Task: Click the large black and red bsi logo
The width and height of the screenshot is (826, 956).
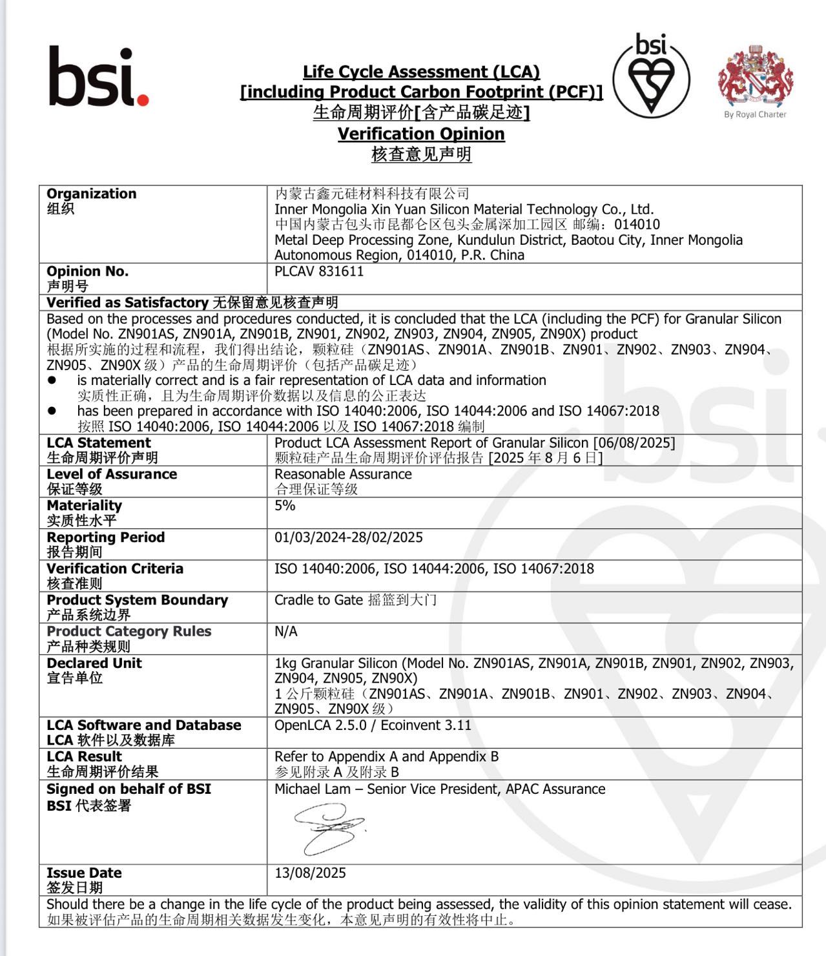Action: [x=98, y=76]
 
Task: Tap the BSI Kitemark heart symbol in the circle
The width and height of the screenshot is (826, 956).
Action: [x=651, y=81]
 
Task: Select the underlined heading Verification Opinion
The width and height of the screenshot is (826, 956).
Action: [x=421, y=134]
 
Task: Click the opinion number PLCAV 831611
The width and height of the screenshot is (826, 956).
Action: [x=319, y=271]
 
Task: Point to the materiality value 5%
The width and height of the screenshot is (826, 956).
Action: [x=285, y=505]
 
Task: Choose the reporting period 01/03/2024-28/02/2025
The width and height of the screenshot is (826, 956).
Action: [x=349, y=537]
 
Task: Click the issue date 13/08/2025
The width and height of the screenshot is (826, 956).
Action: [x=310, y=873]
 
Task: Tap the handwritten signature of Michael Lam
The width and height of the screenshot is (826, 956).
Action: [x=329, y=828]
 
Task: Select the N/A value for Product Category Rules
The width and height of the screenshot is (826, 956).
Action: [x=286, y=631]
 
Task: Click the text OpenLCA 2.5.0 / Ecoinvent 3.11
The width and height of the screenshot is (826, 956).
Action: [x=373, y=725]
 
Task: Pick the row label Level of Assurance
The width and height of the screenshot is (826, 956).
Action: [x=112, y=474]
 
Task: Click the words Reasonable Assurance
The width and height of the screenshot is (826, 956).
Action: [x=343, y=474]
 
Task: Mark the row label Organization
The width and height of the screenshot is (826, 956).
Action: [x=92, y=194]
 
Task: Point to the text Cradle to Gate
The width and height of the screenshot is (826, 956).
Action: [x=318, y=600]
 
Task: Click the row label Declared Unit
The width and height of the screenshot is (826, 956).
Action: [x=94, y=663]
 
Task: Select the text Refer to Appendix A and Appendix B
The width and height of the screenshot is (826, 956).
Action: [x=386, y=756]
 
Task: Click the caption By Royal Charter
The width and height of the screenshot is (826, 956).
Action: [x=755, y=114]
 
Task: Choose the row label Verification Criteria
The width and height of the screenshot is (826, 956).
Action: [x=115, y=568]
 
